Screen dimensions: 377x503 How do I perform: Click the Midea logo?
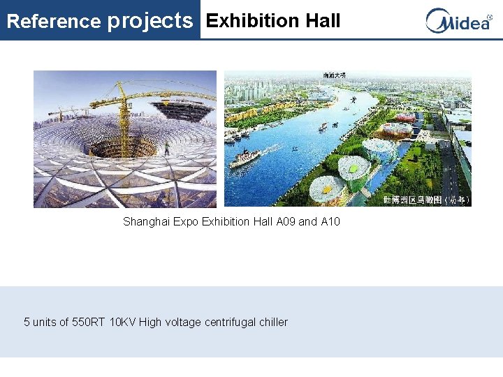[458, 20]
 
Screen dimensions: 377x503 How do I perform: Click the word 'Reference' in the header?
[53, 21]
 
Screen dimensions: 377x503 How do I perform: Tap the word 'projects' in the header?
[150, 21]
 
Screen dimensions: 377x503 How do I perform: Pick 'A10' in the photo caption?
[330, 221]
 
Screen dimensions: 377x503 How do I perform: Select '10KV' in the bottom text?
[123, 322]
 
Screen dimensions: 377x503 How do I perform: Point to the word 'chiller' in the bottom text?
[273, 322]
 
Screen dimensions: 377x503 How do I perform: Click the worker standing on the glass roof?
[167, 148]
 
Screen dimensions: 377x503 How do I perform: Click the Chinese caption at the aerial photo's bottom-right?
[425, 200]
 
